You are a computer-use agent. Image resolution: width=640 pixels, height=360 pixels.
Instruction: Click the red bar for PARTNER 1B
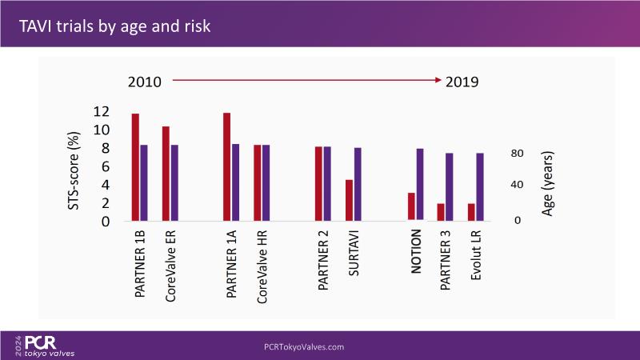click(135, 167)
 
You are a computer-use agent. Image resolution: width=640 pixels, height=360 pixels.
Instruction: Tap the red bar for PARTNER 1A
click(227, 167)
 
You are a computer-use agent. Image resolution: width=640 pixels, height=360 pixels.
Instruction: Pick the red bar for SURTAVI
click(349, 200)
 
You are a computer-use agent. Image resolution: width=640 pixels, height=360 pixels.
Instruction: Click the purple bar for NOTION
click(419, 184)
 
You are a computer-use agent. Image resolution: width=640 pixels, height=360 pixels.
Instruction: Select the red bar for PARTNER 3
click(440, 212)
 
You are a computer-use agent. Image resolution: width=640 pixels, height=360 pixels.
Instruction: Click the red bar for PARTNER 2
click(318, 183)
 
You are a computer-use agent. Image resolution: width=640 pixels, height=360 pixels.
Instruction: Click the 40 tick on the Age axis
click(517, 185)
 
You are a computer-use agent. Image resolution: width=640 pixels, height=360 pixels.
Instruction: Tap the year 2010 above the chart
click(146, 82)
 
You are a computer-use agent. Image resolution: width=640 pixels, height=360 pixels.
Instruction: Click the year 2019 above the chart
click(462, 82)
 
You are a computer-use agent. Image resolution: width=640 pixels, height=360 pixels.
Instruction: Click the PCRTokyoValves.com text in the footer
click(304, 346)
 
